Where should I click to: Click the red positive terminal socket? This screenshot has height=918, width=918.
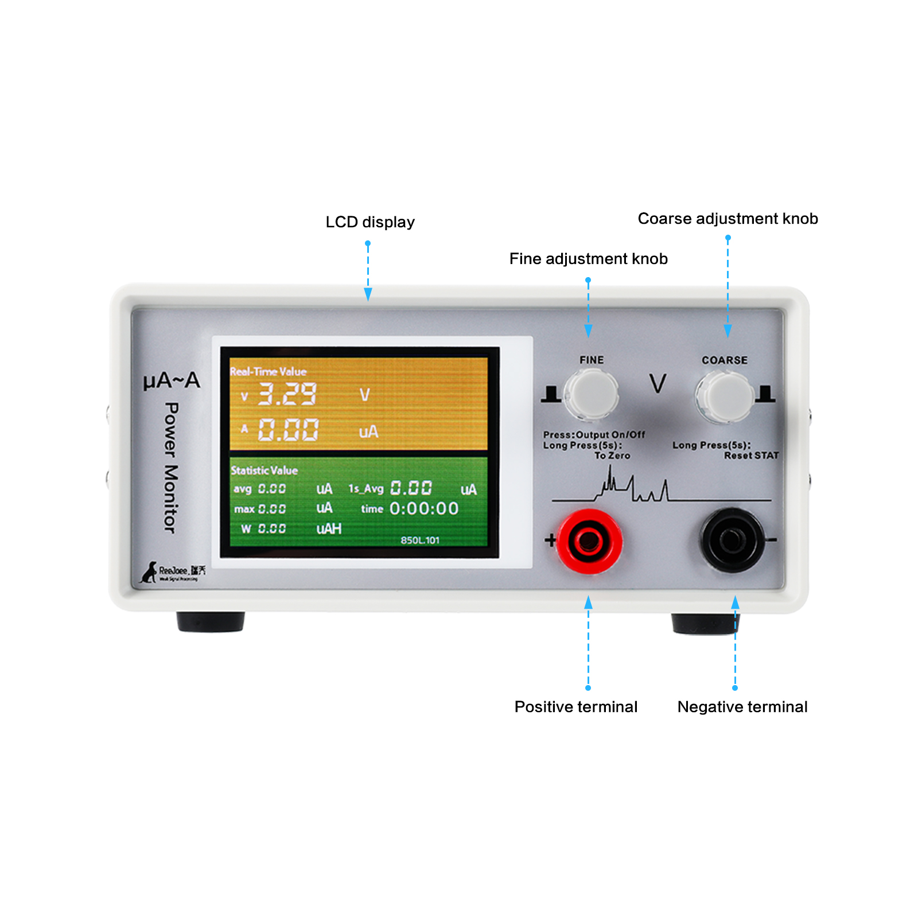click(x=589, y=540)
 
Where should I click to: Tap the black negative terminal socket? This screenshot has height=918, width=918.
click(x=732, y=540)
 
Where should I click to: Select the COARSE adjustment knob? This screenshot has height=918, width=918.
click(x=725, y=396)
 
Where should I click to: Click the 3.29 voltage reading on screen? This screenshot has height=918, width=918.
click(x=287, y=394)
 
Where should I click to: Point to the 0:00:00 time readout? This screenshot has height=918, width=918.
click(x=424, y=508)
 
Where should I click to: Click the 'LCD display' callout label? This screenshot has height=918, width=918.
click(x=370, y=222)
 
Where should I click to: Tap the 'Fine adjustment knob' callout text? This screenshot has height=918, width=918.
click(x=588, y=259)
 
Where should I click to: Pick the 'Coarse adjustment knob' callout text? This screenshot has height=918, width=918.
click(x=728, y=219)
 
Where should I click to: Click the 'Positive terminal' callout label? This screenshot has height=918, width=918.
click(x=575, y=707)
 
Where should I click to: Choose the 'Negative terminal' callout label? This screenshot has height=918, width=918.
click(x=742, y=707)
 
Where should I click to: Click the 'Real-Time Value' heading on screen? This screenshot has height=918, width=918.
click(x=268, y=371)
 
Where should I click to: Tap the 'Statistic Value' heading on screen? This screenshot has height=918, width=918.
click(x=264, y=470)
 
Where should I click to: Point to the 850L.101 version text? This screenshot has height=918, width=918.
click(x=420, y=540)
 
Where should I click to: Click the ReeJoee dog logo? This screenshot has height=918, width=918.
click(x=150, y=572)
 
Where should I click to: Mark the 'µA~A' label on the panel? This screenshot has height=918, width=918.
click(x=172, y=380)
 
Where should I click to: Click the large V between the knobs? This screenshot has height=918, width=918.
click(x=658, y=383)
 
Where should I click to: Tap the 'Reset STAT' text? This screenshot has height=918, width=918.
click(x=751, y=456)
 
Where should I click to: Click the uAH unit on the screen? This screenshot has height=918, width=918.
click(x=329, y=528)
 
